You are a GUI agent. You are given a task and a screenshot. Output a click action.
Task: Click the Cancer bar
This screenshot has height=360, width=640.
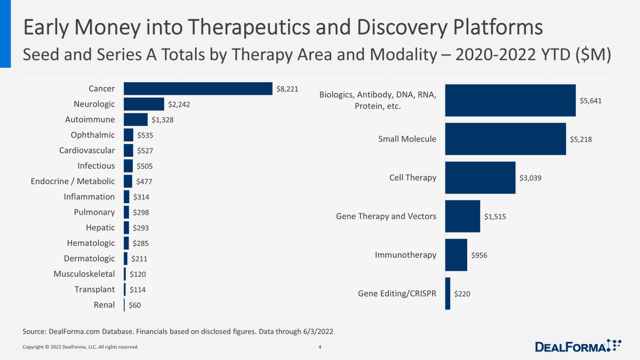pyautogui.click(x=198, y=89)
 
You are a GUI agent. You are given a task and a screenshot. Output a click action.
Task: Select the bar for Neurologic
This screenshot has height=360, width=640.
pyautogui.click(x=144, y=104)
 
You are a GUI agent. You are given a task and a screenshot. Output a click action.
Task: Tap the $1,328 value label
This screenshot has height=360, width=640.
pyautogui.click(x=162, y=119)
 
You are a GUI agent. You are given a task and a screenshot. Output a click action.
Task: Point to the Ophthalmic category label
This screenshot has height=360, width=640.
pyautogui.click(x=93, y=135)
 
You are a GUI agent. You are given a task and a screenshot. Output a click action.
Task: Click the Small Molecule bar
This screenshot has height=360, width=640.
pyautogui.click(x=505, y=139)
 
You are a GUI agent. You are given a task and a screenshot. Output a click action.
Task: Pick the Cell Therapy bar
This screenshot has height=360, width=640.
pyautogui.click(x=480, y=178)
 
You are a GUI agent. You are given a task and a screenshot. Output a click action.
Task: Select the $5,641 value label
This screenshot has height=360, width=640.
pyautogui.click(x=591, y=100)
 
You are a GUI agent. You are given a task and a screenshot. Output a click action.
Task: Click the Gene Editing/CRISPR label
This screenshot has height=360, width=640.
pyautogui.click(x=397, y=293)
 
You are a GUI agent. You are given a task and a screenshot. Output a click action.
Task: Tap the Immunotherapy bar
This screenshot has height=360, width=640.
pyautogui.click(x=456, y=255)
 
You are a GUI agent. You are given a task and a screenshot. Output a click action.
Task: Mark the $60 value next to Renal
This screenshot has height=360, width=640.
pyautogui.click(x=134, y=305)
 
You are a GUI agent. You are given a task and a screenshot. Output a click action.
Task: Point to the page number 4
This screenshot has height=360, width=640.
pyautogui.click(x=319, y=347)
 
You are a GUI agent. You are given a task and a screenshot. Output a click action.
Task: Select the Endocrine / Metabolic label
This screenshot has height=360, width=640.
pyautogui.click(x=73, y=181)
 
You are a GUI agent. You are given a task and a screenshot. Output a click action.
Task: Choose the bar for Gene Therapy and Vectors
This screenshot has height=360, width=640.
pyautogui.click(x=462, y=217)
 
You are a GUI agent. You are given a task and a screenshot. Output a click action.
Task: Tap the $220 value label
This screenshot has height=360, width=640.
pyautogui.click(x=462, y=293)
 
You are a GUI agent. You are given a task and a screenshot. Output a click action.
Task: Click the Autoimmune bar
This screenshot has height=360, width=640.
pyautogui.click(x=135, y=119)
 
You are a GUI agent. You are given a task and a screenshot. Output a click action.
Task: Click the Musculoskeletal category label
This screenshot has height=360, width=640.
pyautogui.click(x=84, y=274)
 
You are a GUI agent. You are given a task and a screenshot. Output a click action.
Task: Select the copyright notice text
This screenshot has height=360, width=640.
pyautogui.click(x=80, y=347)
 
